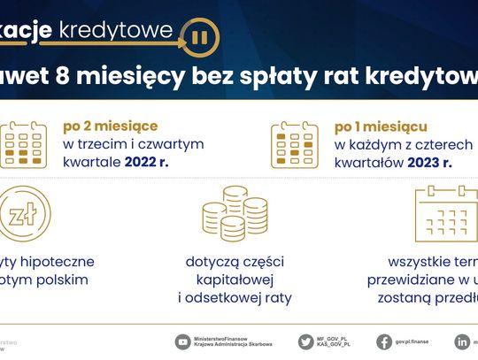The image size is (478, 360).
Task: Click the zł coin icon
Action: [21, 214]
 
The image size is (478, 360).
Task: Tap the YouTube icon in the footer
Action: [183, 341]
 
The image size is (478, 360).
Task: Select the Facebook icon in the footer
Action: [384, 341]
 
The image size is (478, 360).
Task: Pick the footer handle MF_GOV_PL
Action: [336, 337]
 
